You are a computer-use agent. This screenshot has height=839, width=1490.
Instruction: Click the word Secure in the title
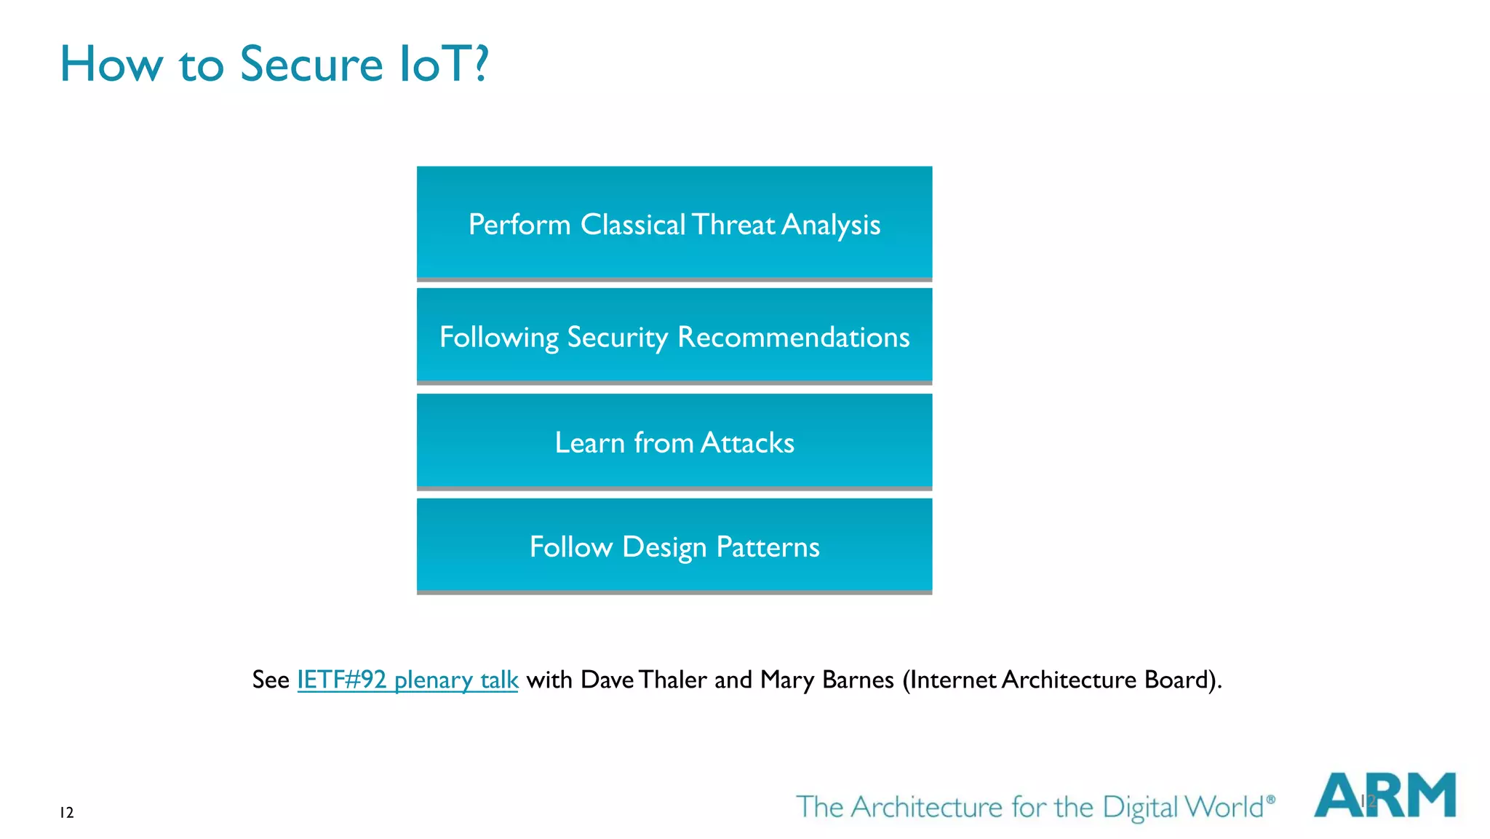(311, 64)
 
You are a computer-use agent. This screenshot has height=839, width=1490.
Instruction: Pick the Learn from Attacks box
(674, 441)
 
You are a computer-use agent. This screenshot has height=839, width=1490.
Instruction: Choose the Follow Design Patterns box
(674, 545)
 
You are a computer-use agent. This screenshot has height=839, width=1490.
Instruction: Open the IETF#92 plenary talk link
(407, 680)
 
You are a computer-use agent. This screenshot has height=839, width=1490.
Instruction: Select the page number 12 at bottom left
(66, 813)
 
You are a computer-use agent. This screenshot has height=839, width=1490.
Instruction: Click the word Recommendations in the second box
(793, 337)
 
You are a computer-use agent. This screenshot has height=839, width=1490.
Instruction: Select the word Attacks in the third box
(747, 443)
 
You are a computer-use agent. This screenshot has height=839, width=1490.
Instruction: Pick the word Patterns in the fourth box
(768, 547)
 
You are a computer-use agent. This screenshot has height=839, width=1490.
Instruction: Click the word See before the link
(271, 680)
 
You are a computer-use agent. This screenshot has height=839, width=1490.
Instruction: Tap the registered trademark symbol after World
(1270, 799)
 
